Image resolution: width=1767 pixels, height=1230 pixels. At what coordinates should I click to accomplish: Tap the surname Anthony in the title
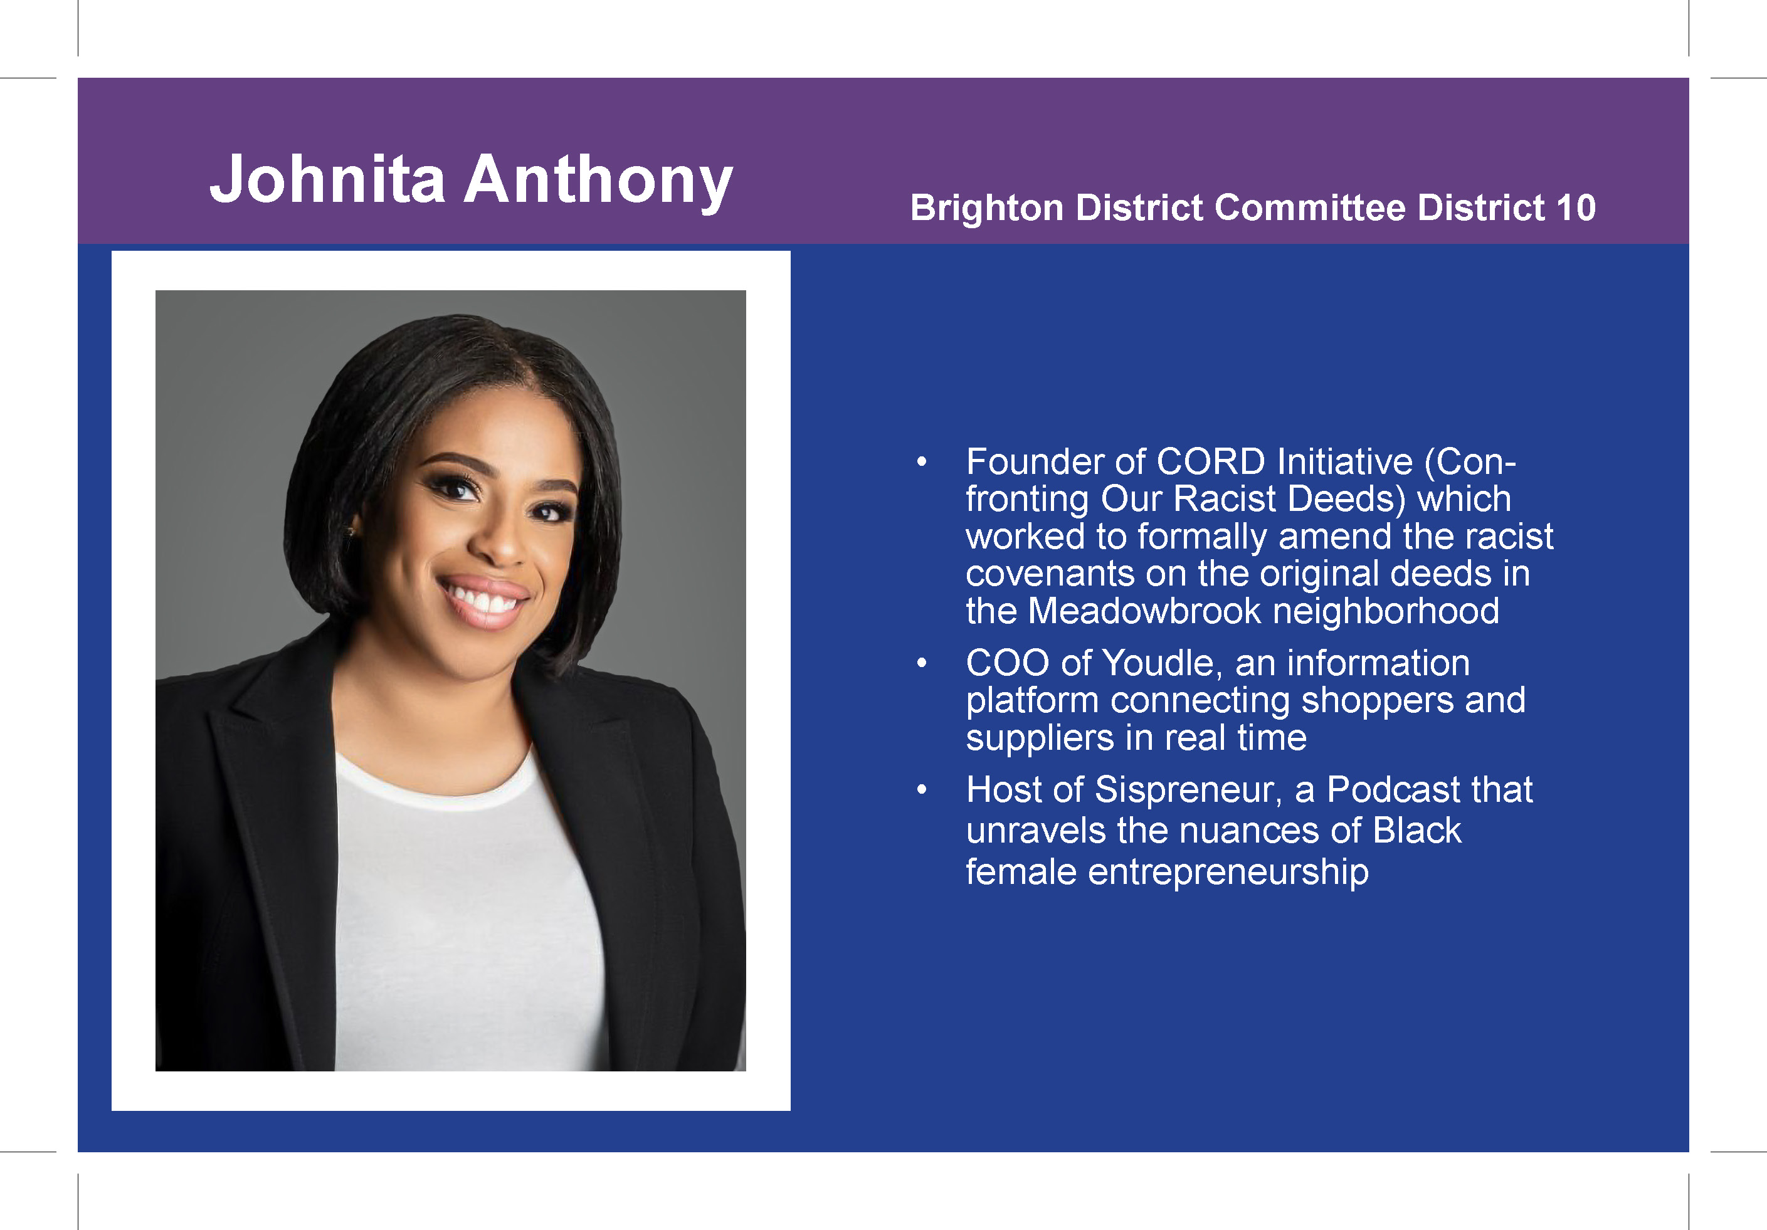[x=598, y=182]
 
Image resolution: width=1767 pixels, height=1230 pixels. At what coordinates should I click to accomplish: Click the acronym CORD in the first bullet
[x=1211, y=461]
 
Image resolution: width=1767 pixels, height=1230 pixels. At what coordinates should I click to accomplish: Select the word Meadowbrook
[x=1144, y=611]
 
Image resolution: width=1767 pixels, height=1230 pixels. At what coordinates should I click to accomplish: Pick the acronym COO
[x=1008, y=663]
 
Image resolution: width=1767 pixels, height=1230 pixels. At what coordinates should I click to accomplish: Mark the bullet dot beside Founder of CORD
[x=921, y=461]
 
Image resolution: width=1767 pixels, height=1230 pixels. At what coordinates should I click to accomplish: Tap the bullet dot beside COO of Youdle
[x=921, y=663]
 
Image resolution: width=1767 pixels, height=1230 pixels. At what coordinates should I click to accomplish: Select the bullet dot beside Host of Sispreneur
[x=921, y=790]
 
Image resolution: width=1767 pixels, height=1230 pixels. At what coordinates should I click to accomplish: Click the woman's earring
[x=352, y=531]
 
